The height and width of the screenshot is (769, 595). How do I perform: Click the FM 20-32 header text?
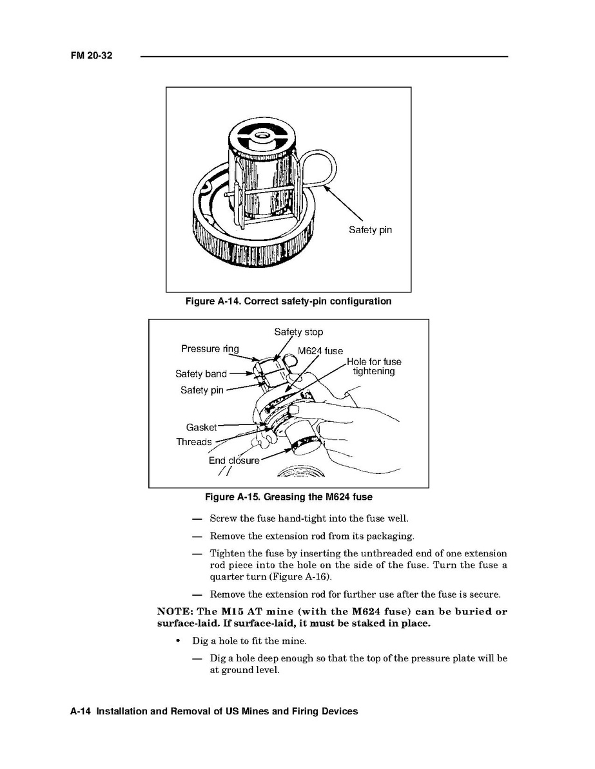click(92, 56)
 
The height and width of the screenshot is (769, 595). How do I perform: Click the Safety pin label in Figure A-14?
click(370, 230)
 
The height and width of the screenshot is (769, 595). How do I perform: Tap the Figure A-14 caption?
click(288, 301)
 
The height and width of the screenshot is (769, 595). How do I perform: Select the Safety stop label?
click(298, 332)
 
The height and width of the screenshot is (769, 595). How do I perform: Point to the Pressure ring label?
click(210, 349)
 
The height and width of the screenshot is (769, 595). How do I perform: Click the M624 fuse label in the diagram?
click(320, 351)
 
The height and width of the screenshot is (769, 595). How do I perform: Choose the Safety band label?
click(201, 374)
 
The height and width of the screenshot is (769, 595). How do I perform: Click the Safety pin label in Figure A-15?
click(202, 390)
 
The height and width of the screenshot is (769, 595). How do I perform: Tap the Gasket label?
click(201, 427)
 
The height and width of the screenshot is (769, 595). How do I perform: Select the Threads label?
click(194, 442)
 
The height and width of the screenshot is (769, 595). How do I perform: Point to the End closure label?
click(234, 460)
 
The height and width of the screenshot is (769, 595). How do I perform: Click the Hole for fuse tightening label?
click(374, 366)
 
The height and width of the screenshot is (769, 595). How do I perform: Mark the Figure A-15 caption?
click(288, 497)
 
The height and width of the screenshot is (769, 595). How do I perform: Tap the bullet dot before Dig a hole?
click(177, 641)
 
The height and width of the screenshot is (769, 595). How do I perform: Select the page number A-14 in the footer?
click(83, 712)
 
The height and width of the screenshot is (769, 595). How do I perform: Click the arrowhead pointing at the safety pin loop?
click(327, 187)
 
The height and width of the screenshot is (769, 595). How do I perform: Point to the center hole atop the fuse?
click(263, 135)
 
